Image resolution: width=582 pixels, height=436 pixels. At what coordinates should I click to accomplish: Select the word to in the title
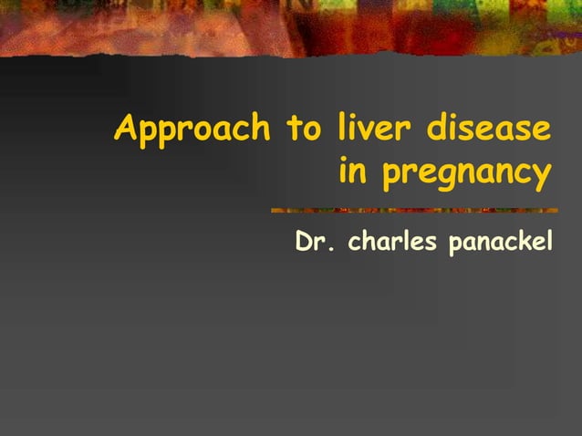[x=302, y=129]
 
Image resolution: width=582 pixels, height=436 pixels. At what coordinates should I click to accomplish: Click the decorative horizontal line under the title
[x=411, y=211]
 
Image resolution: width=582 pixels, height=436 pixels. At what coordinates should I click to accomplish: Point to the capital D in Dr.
[x=305, y=244]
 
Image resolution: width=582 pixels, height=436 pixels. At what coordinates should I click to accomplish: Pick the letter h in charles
[x=367, y=243]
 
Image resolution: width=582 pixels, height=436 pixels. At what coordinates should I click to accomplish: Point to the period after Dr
[x=330, y=250]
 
